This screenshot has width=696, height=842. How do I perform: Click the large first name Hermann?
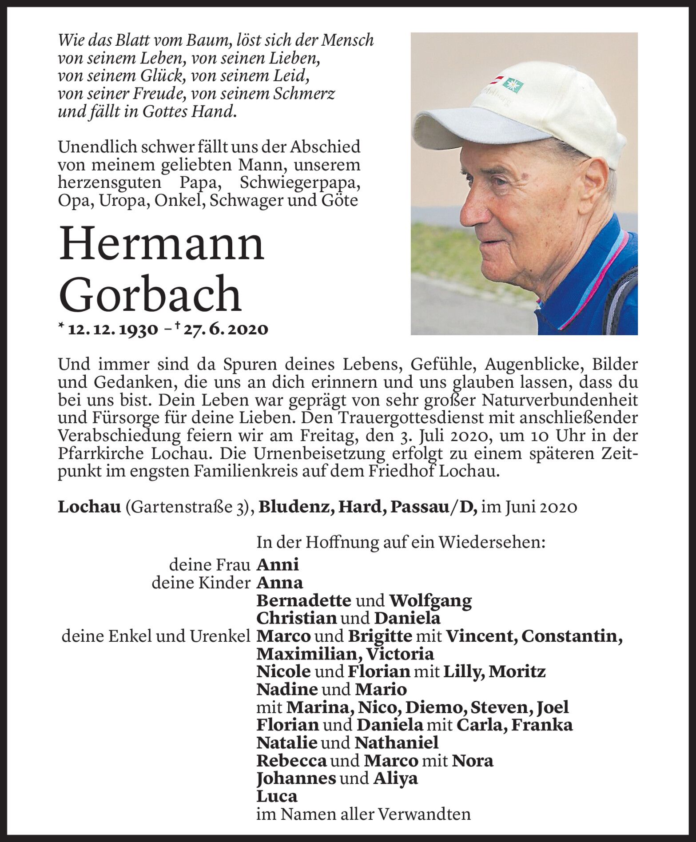tap(161, 244)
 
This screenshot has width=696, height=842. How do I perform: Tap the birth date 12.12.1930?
tap(113, 329)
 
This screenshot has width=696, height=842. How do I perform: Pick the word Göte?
tap(341, 201)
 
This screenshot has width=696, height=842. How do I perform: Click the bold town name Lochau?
tap(89, 507)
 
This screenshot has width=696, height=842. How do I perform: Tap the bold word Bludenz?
tap(296, 507)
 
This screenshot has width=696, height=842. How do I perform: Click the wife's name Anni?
tap(278, 565)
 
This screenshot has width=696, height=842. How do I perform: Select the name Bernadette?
tap(304, 600)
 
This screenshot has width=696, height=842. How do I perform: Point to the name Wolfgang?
tap(430, 601)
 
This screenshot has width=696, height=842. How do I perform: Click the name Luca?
tap(277, 796)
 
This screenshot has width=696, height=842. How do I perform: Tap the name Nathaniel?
tap(397, 743)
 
